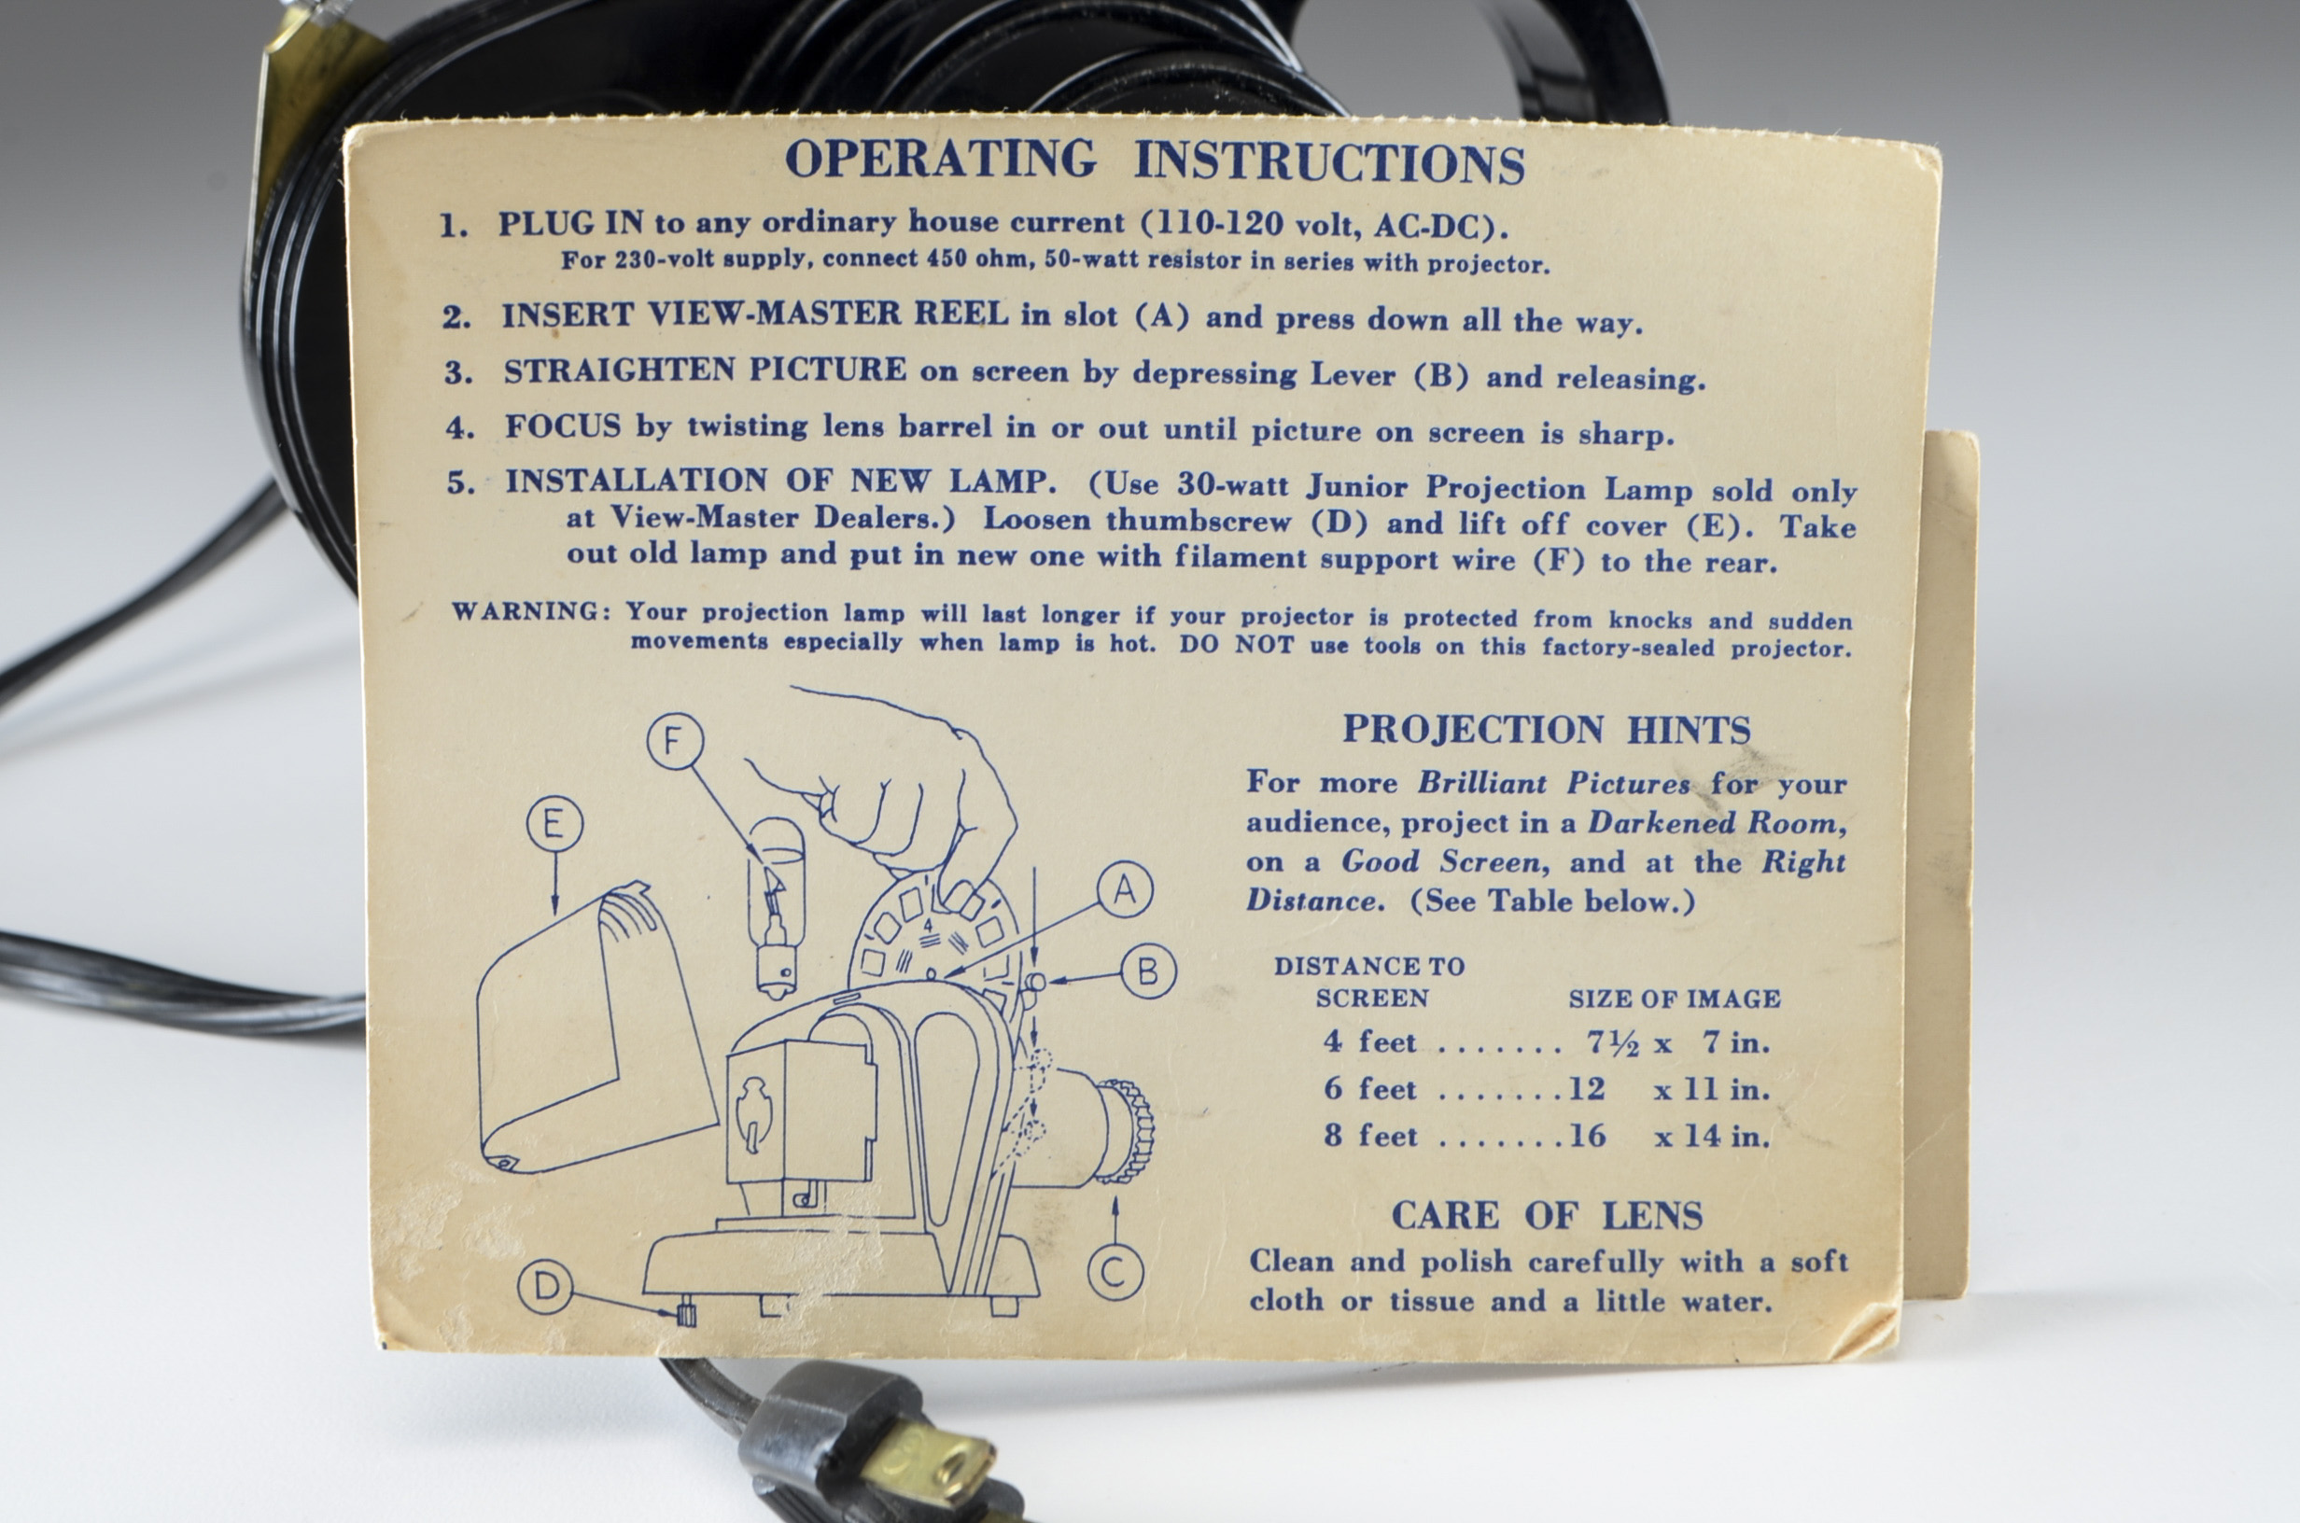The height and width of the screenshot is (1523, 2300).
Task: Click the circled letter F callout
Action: click(675, 741)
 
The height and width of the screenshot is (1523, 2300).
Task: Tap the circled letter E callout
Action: click(554, 824)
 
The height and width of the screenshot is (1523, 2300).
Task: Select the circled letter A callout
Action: click(1125, 889)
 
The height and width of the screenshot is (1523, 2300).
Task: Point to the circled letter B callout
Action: click(1148, 971)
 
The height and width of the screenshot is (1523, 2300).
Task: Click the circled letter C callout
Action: click(1115, 1271)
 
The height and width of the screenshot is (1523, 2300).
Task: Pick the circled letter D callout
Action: click(546, 1286)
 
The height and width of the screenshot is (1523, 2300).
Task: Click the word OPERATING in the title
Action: click(940, 160)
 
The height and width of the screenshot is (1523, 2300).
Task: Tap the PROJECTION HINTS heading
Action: click(1547, 730)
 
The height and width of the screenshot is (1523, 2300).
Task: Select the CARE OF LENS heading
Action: click(1547, 1215)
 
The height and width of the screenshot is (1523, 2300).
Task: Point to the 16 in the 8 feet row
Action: click(1587, 1136)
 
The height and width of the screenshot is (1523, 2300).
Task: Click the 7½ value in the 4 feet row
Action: click(1612, 1043)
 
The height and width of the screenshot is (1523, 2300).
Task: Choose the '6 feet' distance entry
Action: click(1370, 1089)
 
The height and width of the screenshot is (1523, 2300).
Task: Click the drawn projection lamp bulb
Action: click(775, 903)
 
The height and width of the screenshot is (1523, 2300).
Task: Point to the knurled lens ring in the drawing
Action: click(1126, 1131)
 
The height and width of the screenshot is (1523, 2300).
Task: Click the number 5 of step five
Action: click(459, 482)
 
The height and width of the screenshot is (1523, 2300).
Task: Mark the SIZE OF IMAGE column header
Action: click(1674, 999)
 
